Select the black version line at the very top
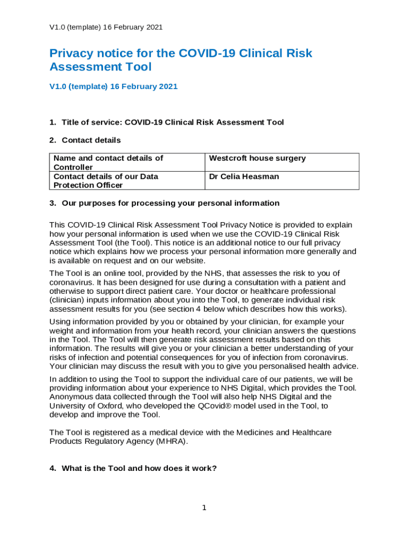point(106,27)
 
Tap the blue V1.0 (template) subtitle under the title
point(113,86)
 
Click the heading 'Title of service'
point(173,122)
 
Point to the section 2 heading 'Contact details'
point(91,141)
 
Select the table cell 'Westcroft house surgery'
point(257,159)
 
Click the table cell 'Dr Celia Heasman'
point(244,177)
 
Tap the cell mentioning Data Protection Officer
point(106,180)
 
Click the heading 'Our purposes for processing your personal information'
point(170,203)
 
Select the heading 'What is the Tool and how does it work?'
point(139,469)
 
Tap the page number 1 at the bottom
point(204,508)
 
